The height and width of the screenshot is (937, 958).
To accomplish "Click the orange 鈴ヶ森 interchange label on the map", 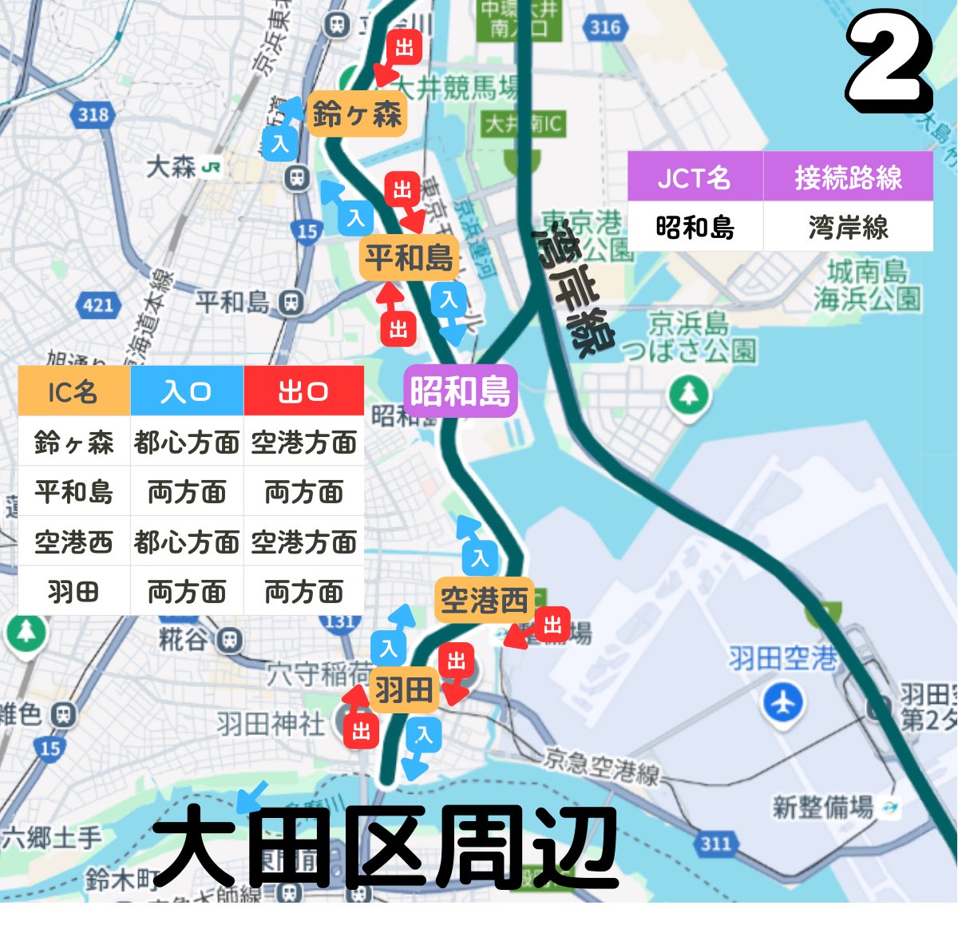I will (356, 115).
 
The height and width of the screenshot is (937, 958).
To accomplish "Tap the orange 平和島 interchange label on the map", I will (409, 257).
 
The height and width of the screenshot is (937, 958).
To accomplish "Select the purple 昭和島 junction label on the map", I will (461, 391).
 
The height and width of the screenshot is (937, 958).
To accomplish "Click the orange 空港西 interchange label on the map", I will (484, 600).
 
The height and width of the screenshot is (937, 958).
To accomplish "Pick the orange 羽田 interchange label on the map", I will (404, 689).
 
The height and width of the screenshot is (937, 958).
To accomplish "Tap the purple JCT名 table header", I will (695, 177).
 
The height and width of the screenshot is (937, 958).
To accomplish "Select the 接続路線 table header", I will (848, 177).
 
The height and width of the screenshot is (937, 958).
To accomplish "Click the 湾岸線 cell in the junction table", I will (848, 228).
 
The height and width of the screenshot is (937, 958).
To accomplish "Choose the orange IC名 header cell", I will (73, 391).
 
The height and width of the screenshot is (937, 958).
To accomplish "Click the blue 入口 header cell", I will (187, 391).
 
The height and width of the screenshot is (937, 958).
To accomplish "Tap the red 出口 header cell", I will (303, 391).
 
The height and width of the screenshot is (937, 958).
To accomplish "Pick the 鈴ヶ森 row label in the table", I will (73, 442).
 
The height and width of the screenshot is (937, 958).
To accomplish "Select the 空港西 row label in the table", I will (73, 542).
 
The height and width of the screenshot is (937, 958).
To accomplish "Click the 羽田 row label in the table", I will (73, 592).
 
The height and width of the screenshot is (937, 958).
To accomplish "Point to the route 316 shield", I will (604, 28).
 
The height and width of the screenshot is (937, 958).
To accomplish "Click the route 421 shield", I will (98, 304).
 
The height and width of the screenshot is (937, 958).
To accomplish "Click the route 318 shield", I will (93, 114).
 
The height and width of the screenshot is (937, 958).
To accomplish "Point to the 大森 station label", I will (172, 168).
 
